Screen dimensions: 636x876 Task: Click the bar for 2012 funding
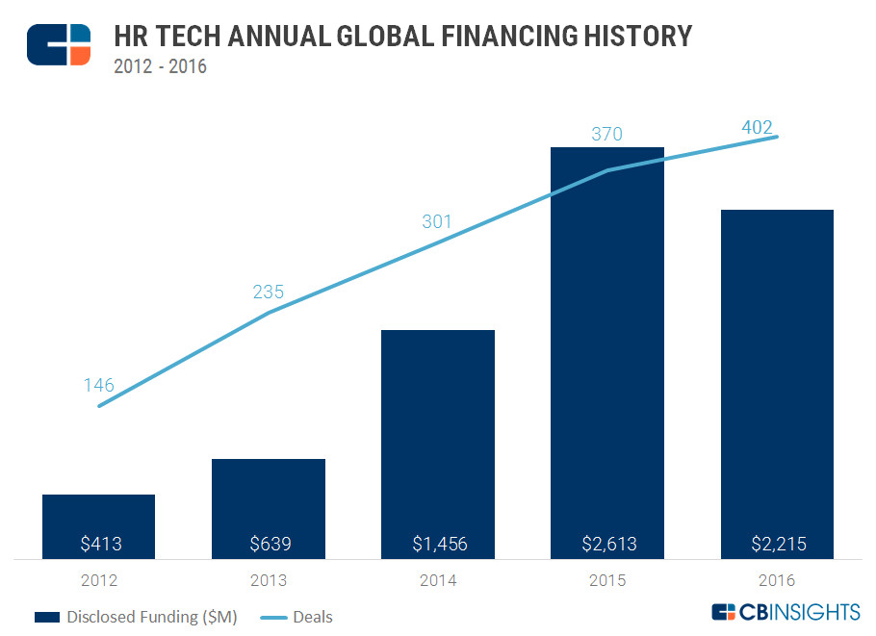(98, 520)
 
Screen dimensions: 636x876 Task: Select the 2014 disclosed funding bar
(438, 433)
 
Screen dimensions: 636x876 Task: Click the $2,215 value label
(778, 544)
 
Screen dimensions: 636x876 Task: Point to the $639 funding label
(269, 544)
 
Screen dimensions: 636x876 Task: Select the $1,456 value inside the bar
(438, 544)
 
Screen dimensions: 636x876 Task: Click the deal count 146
(98, 386)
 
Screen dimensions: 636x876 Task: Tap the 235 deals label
(269, 293)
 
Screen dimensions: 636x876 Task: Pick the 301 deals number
(437, 222)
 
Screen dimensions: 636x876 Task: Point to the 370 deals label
(606, 134)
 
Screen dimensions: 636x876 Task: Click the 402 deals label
(757, 127)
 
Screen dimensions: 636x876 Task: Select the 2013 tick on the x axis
(269, 580)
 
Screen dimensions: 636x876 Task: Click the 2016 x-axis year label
(777, 580)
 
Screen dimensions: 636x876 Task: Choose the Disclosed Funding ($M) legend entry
(136, 616)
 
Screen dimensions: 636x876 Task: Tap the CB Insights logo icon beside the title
(59, 44)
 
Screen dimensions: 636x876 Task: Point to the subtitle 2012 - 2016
(160, 66)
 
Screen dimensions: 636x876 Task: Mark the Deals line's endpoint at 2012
(99, 406)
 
